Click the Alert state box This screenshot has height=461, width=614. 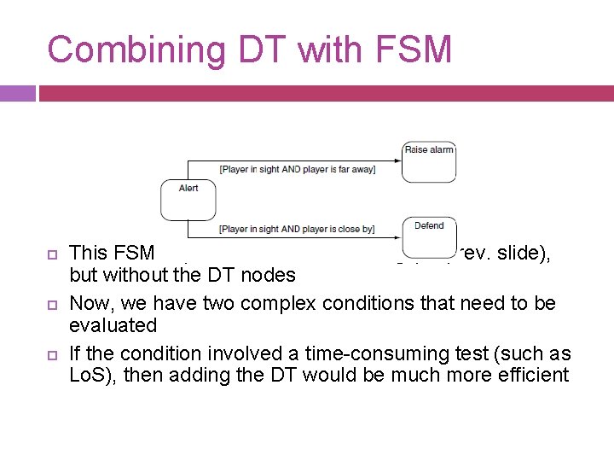(188, 200)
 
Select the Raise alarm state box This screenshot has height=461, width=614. (429, 161)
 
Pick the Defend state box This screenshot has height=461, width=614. (429, 236)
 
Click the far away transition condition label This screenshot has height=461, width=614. (297, 169)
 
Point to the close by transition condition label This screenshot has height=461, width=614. (297, 229)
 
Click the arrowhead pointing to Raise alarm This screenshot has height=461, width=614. (398, 160)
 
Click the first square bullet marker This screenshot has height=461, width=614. (51, 254)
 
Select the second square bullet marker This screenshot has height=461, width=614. (51, 304)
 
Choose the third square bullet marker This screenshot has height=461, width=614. (51, 354)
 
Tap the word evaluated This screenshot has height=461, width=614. (113, 325)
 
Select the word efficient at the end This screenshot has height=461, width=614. (534, 375)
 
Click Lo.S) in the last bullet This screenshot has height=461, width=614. (92, 375)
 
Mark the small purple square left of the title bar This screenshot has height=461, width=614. (17, 93)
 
